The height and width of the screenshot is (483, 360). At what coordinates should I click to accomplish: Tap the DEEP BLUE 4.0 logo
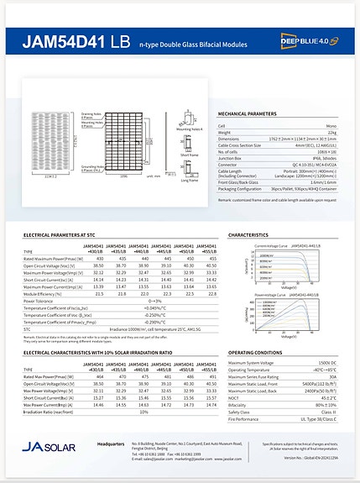pyautogui.click(x=307, y=40)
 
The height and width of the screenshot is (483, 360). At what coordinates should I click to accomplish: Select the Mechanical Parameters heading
pyautogui.click(x=248, y=113)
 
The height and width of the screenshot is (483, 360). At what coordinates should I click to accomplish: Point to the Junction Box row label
pyautogui.click(x=235, y=156)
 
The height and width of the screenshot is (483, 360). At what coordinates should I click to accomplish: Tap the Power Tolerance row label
pyautogui.click(x=41, y=301)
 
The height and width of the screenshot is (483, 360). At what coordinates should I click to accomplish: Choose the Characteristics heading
pyautogui.click(x=248, y=235)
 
